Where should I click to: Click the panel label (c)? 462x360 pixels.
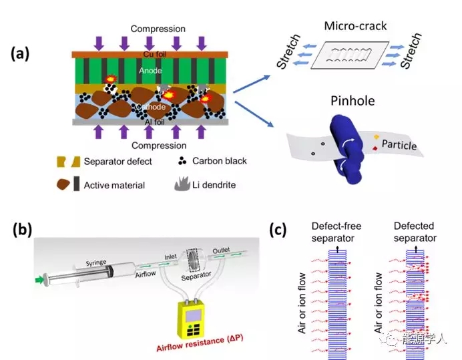278,230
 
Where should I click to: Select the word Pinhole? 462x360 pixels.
352,102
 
